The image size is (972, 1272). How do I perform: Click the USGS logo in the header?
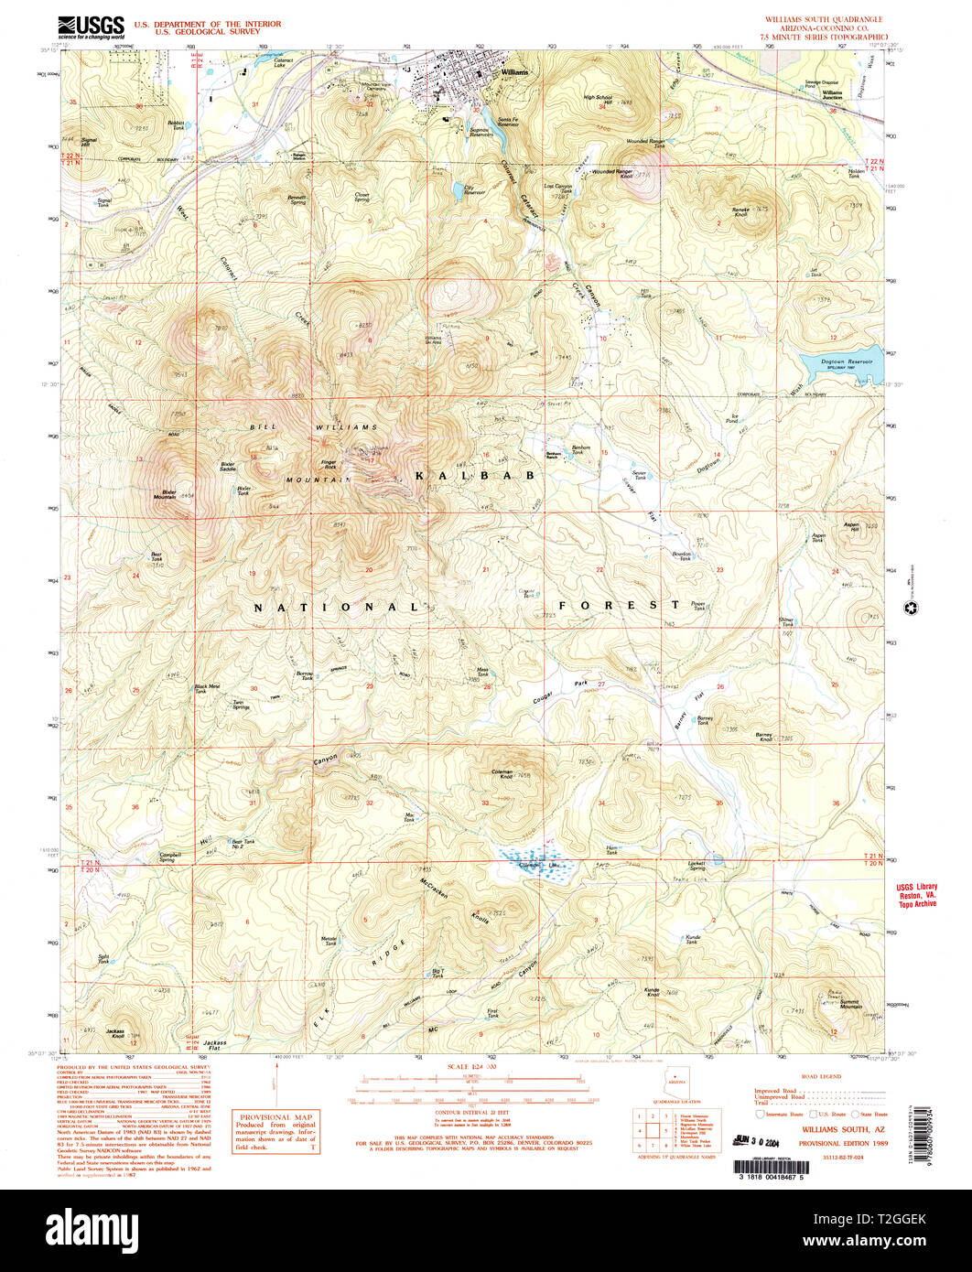click(91, 27)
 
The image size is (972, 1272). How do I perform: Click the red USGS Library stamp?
click(915, 894)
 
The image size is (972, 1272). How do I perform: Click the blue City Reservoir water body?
click(455, 191)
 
